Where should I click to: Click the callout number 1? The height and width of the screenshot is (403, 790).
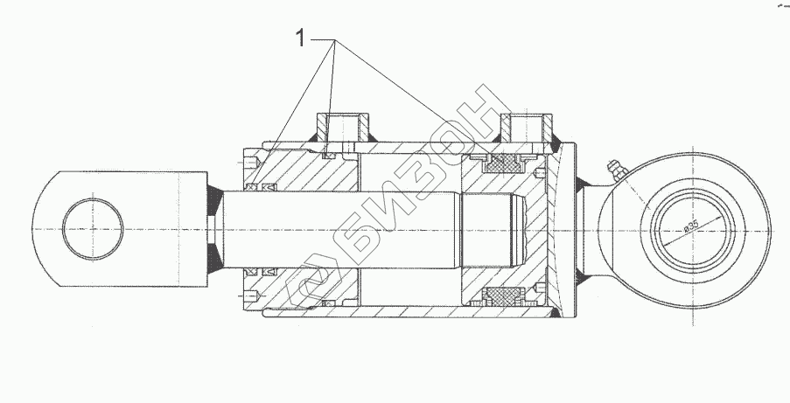point(300,38)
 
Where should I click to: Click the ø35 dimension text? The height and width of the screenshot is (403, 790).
point(692,226)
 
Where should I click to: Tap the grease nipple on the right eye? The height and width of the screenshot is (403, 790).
point(617,170)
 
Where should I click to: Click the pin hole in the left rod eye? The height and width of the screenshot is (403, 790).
point(93,229)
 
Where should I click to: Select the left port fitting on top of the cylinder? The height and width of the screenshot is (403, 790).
point(343,128)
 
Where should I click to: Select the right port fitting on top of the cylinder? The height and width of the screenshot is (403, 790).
point(526,128)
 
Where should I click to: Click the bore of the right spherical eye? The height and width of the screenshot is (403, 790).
point(698,230)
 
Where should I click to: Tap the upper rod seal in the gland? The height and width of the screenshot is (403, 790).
point(261,187)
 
